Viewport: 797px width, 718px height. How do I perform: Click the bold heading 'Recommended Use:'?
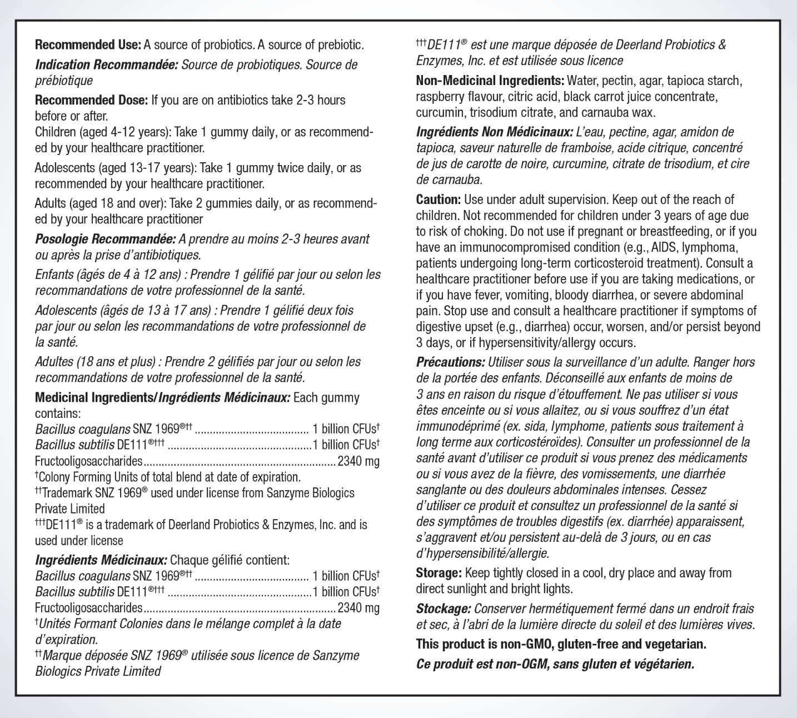coord(88,45)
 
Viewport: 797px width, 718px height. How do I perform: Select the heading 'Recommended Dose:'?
coord(91,101)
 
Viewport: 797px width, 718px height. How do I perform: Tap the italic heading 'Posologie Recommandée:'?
coord(106,240)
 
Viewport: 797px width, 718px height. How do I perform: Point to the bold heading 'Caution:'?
coord(438,200)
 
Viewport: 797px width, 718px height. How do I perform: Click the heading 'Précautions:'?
coord(450,362)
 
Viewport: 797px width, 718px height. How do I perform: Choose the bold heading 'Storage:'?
coord(439,573)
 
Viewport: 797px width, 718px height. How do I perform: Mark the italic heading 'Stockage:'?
coord(444,609)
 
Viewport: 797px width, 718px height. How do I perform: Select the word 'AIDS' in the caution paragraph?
coord(664,247)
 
